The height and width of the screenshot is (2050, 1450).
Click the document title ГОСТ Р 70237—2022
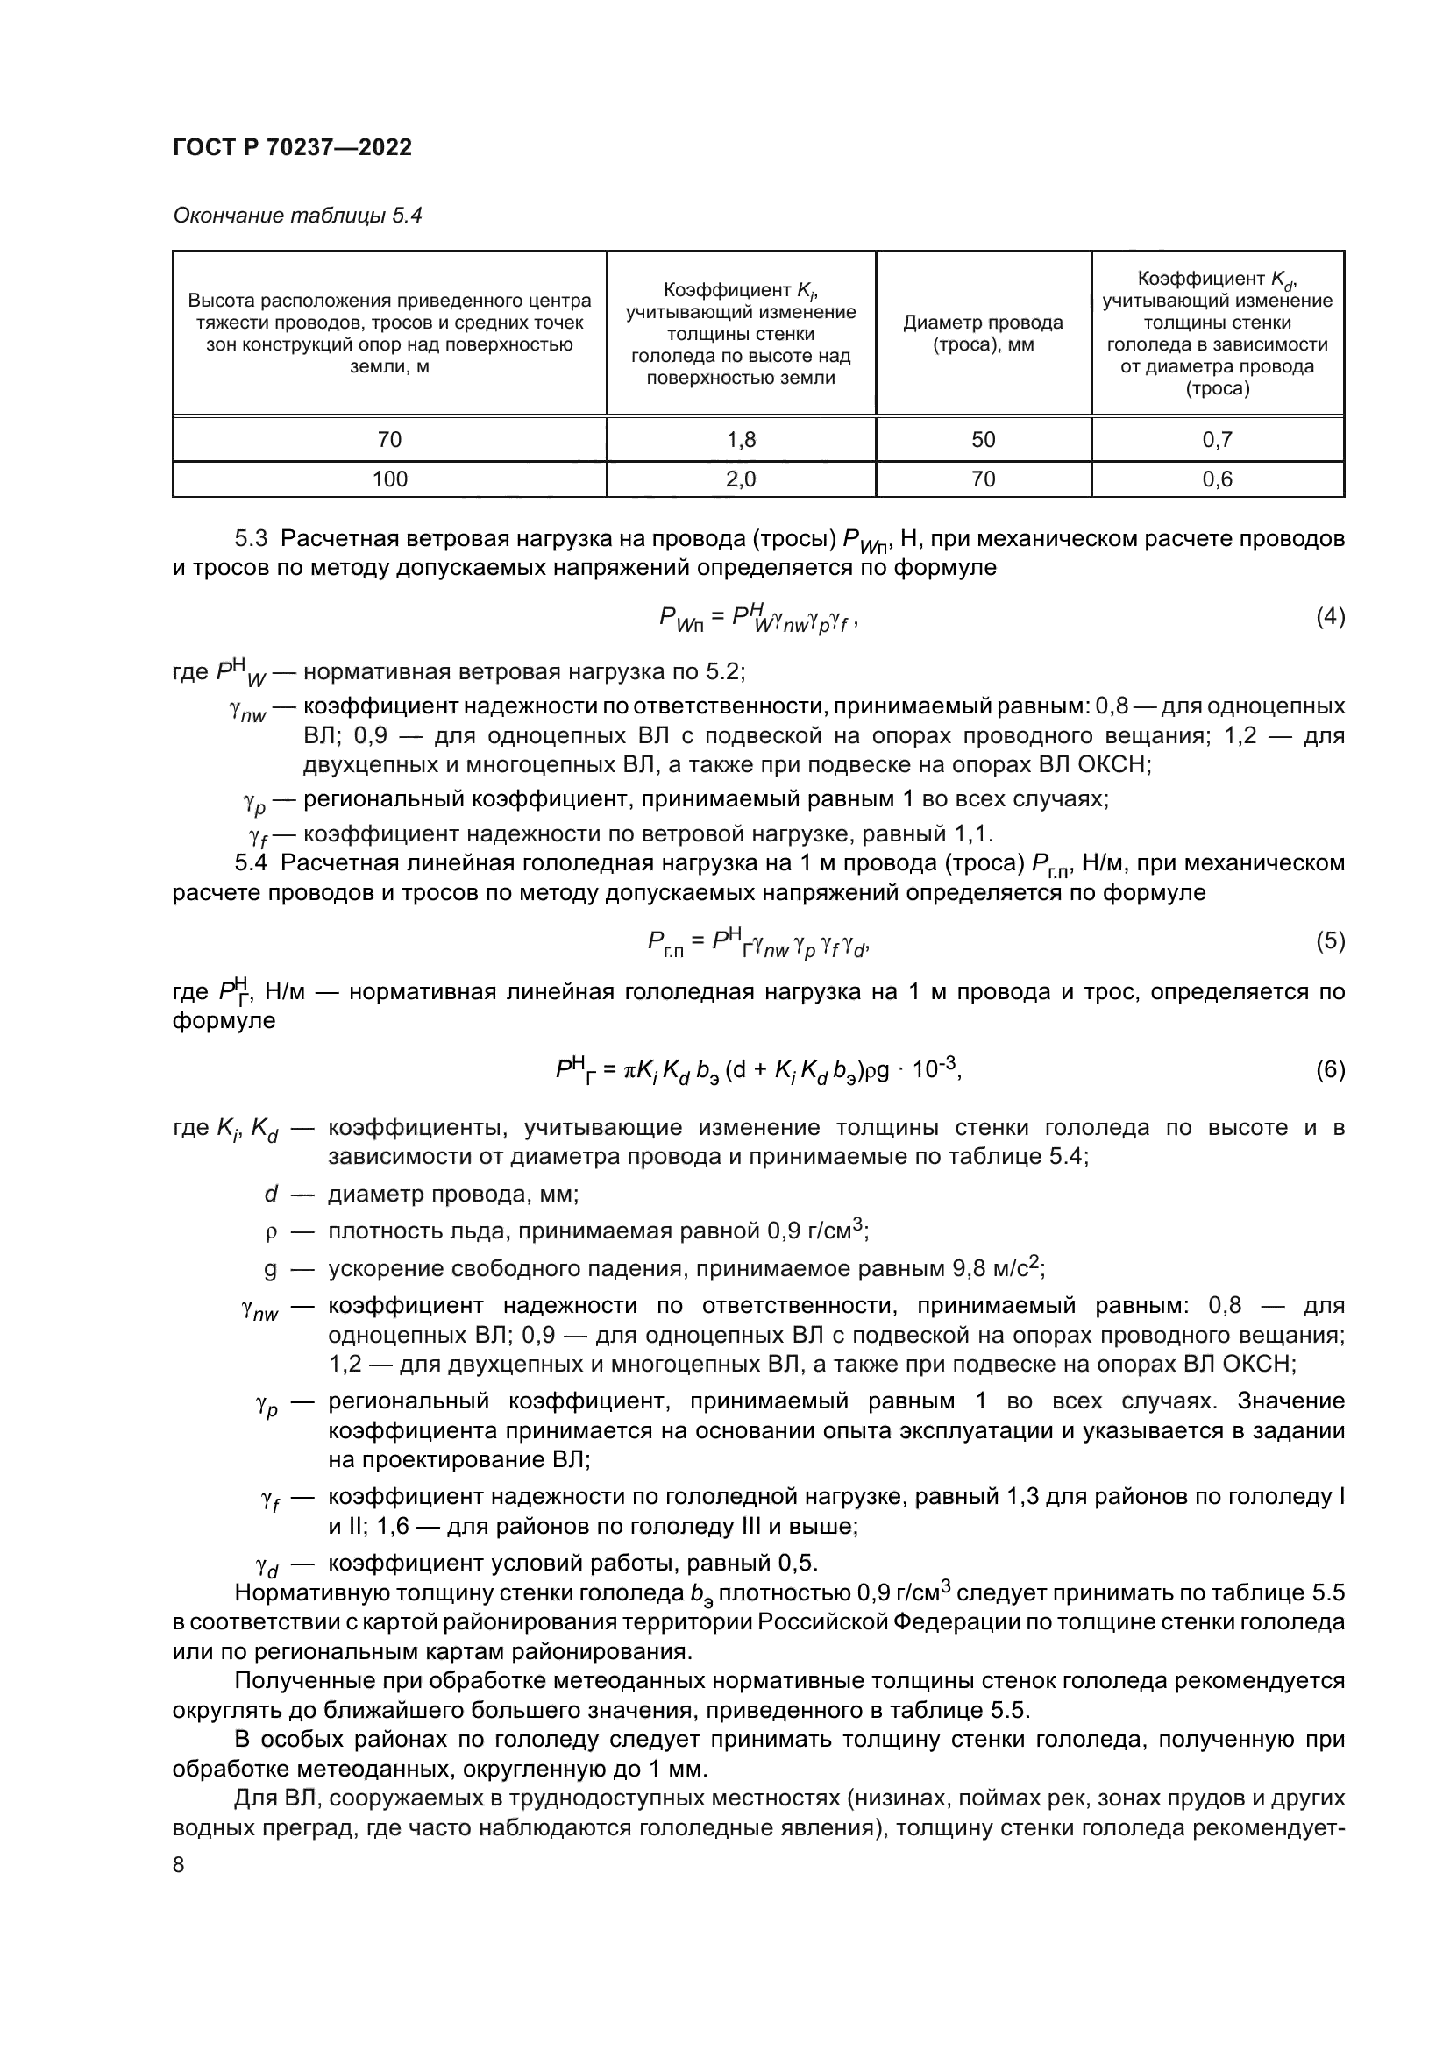(292, 147)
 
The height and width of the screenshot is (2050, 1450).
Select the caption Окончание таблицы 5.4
(296, 216)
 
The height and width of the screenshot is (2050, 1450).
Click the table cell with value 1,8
(740, 439)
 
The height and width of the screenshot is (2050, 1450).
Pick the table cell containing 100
(389, 479)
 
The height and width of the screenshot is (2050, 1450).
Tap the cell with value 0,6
(1217, 479)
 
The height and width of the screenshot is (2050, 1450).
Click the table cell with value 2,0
(740, 479)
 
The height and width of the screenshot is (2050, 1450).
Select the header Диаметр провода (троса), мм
(982, 333)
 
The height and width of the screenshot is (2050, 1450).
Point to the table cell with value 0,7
(1217, 439)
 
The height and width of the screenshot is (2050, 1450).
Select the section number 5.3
(251, 538)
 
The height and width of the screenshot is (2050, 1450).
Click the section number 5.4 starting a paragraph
(251, 863)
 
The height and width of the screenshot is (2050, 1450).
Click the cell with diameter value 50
(982, 439)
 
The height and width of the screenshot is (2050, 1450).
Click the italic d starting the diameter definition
(272, 1195)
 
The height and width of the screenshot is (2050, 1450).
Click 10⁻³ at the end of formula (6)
(935, 1068)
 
